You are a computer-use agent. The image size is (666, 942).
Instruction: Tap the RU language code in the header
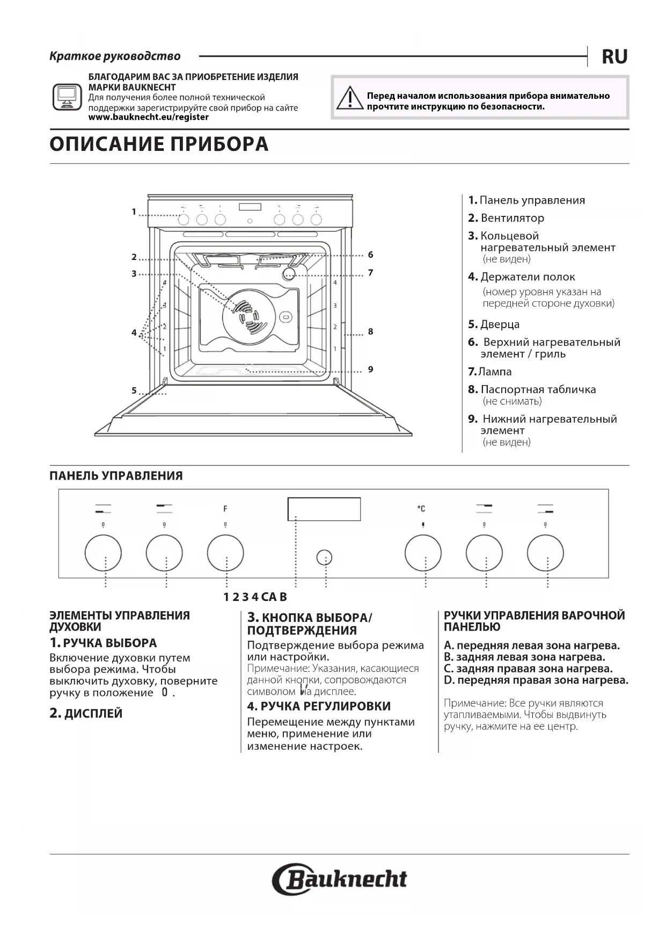(x=614, y=56)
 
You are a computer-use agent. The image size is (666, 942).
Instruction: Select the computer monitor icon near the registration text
(x=67, y=97)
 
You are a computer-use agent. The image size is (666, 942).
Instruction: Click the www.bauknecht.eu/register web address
(x=148, y=117)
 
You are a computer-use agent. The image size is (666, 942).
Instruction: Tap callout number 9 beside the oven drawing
(x=370, y=369)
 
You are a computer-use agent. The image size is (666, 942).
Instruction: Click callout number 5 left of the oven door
(x=134, y=391)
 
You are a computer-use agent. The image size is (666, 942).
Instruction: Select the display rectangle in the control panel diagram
(x=324, y=509)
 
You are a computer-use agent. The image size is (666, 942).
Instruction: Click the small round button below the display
(x=324, y=557)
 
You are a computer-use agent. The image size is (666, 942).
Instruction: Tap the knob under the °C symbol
(x=423, y=553)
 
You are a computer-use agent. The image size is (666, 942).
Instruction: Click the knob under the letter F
(x=225, y=553)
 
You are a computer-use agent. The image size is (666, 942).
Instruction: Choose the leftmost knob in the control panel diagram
(x=103, y=553)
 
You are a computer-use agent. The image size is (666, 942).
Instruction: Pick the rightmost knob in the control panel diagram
(x=545, y=553)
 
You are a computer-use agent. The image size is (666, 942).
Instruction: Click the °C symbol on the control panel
(x=421, y=508)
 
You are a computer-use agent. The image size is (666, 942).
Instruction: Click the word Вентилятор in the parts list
(x=513, y=218)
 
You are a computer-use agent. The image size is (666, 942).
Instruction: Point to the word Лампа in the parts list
(x=495, y=372)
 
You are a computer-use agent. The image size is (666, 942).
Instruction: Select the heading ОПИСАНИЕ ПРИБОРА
(x=159, y=144)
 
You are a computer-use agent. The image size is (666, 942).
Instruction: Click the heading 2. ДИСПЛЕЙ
(x=86, y=713)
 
